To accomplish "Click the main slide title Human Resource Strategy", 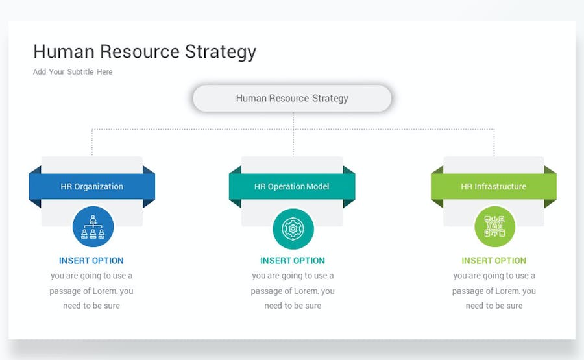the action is (145, 52).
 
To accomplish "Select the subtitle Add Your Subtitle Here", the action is (73, 72).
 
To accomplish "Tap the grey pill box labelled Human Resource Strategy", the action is (292, 99).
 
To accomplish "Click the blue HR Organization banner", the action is (92, 187).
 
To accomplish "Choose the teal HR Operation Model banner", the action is (292, 187).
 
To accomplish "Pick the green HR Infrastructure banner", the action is (494, 187).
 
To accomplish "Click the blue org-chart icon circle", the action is (93, 227).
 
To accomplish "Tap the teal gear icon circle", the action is (293, 228).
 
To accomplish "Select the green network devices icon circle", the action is (494, 227).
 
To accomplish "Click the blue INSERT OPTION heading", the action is (91, 261).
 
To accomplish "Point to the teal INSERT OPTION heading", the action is (293, 261).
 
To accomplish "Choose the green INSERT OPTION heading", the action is (494, 261).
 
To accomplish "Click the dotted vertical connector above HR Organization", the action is (92, 142).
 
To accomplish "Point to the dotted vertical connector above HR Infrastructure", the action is (494, 142).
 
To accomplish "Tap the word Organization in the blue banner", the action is (99, 187).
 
